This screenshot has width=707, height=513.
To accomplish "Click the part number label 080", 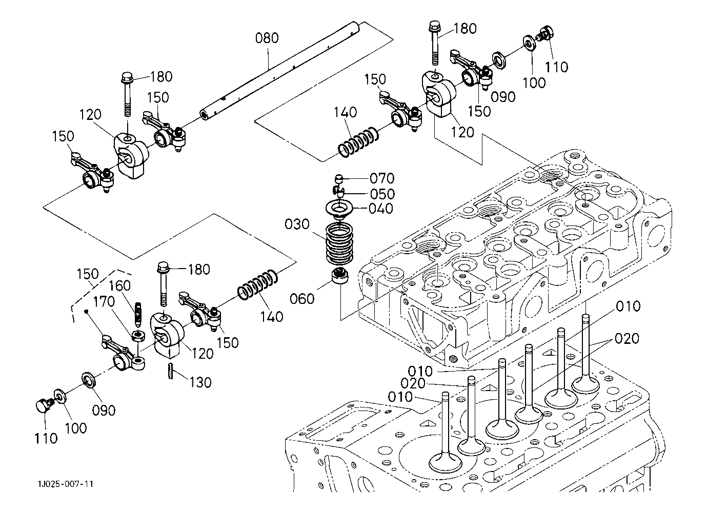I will [x=267, y=38].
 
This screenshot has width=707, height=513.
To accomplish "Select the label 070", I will [x=381, y=178].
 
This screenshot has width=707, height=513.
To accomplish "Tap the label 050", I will [x=382, y=194].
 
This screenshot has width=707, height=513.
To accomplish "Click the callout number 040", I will [x=381, y=209].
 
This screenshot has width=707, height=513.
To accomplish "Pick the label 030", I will [x=297, y=224].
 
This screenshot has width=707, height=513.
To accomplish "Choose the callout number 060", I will [x=302, y=298].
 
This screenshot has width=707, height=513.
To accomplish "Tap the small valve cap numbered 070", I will [x=339, y=178].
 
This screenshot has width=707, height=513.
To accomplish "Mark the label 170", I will [x=104, y=302].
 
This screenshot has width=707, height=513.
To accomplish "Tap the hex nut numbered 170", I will [x=137, y=336].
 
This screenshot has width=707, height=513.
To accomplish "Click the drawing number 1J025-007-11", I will [x=65, y=484].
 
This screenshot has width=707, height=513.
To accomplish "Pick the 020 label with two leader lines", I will [x=627, y=338].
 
